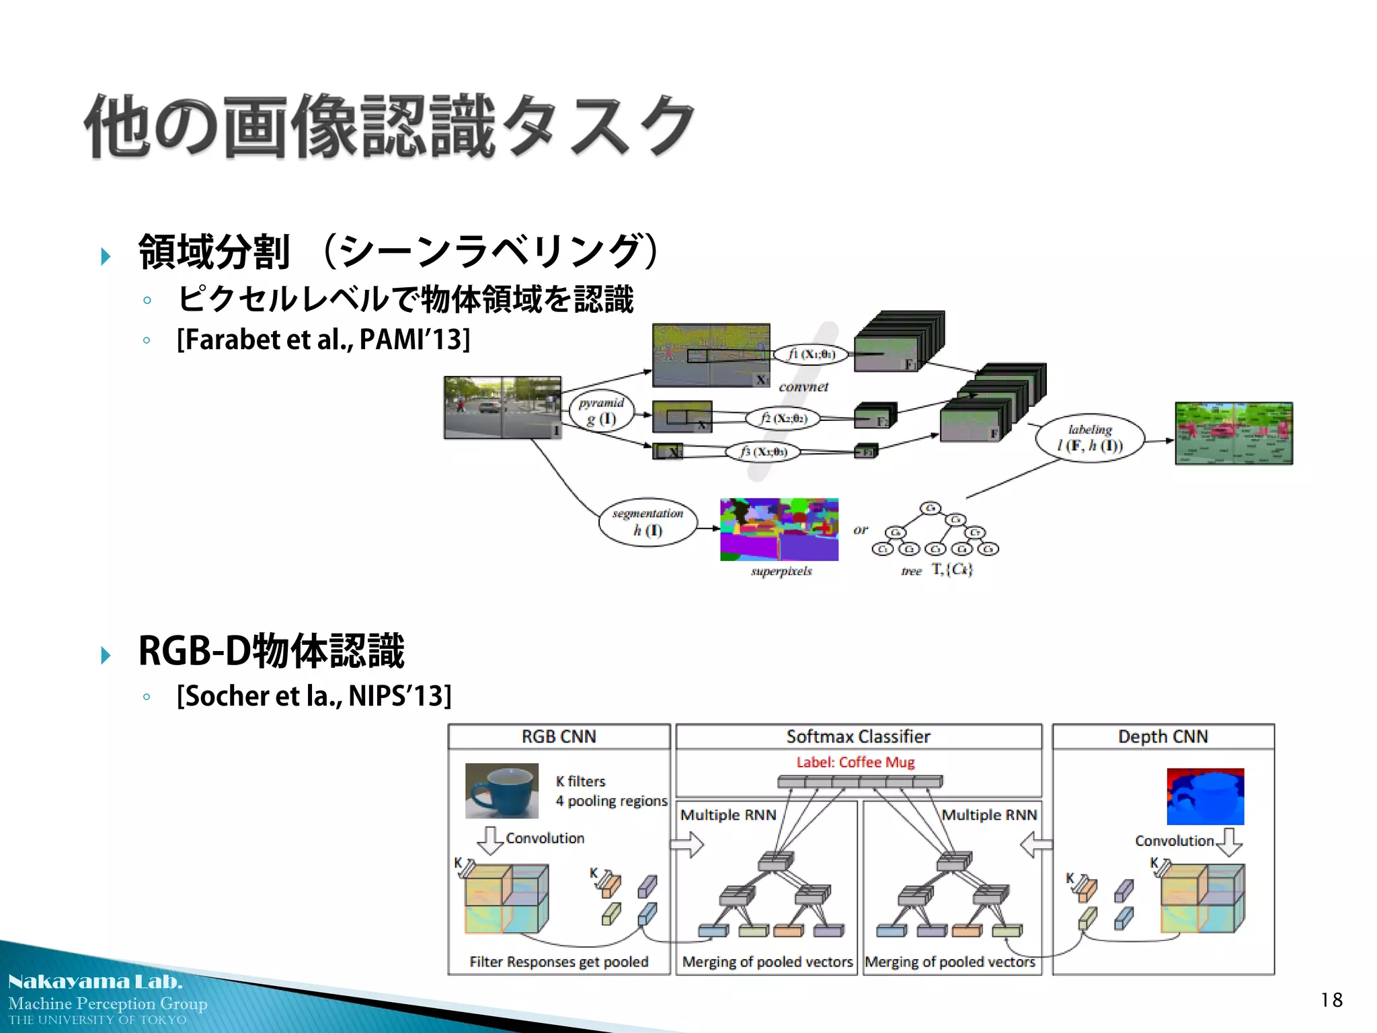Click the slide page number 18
coord(1331,1000)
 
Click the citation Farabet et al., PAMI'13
coord(323,340)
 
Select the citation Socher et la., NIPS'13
coord(314,696)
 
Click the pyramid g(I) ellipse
coord(602,411)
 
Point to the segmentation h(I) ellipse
coord(647,522)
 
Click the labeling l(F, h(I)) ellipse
coord(1090,438)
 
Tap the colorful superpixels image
coord(779,529)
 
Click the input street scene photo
coord(502,407)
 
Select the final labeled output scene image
coord(1233,433)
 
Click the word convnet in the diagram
coord(803,387)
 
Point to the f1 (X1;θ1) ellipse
coord(811,354)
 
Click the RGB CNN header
coord(559,736)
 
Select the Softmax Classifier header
coord(858,736)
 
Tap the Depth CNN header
coord(1163,736)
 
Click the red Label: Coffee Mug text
coord(855,762)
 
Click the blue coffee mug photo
coord(502,790)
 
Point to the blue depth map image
coord(1205,796)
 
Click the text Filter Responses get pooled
coord(559,962)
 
